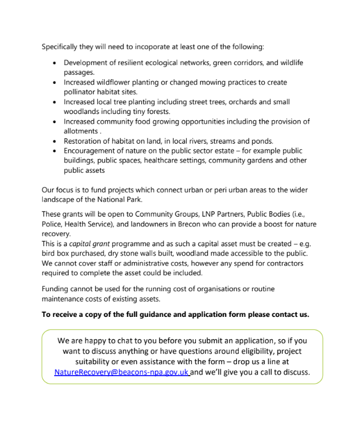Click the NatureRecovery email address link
point(121,372)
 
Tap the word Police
point(53,224)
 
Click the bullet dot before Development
point(54,63)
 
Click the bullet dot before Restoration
point(54,141)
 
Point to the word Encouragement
point(93,151)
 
